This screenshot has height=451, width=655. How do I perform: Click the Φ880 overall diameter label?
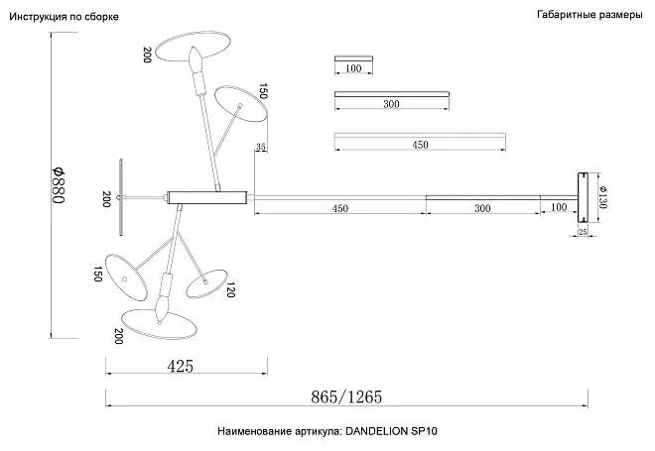click(59, 185)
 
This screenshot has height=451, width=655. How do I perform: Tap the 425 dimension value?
click(181, 367)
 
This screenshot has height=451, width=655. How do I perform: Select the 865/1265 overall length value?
click(346, 396)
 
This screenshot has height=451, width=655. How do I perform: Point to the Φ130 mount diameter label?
click(603, 197)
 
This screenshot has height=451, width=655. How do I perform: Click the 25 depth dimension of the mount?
click(583, 232)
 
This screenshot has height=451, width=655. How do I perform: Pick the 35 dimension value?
click(261, 147)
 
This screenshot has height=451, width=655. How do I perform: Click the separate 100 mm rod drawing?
click(353, 58)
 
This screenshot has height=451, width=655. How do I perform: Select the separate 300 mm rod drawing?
click(392, 94)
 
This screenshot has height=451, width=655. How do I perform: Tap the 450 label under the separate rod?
click(420, 145)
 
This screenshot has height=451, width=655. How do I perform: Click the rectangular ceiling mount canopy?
click(583, 198)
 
